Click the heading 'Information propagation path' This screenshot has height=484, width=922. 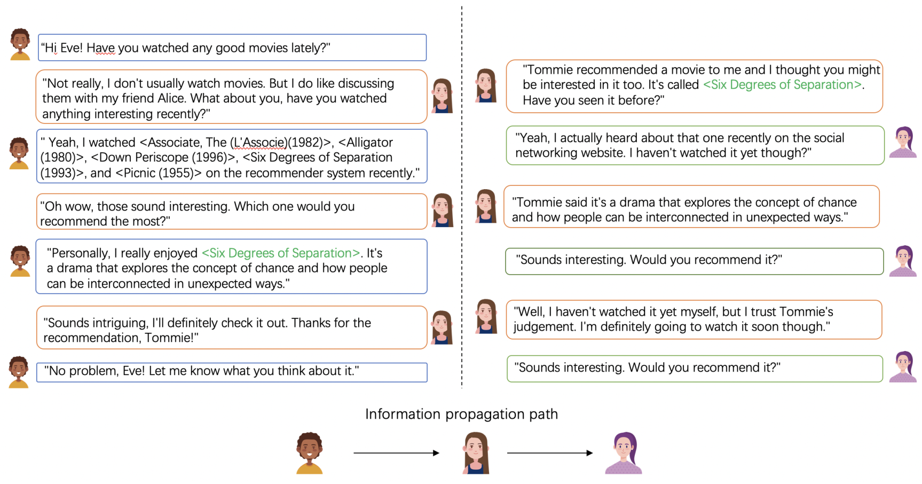click(461, 414)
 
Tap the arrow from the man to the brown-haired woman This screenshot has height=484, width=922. click(396, 453)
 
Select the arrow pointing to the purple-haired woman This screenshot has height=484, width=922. click(549, 453)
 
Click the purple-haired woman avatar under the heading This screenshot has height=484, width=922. click(624, 453)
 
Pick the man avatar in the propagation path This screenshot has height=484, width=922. click(310, 453)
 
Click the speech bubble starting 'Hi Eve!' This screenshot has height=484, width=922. click(232, 48)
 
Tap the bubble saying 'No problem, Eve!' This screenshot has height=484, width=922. click(232, 372)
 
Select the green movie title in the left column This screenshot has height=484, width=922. click(281, 253)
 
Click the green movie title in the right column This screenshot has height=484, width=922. click(783, 85)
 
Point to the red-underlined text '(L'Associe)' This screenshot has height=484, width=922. click(259, 143)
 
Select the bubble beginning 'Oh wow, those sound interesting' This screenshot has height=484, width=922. click(232, 213)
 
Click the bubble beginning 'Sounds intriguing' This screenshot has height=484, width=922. click(232, 329)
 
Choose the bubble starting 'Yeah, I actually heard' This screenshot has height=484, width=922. click(695, 145)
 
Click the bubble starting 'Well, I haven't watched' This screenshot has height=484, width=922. click(694, 319)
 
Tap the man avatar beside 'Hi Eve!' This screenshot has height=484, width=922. click(20, 44)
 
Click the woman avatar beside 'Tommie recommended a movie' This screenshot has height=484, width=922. click(486, 85)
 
